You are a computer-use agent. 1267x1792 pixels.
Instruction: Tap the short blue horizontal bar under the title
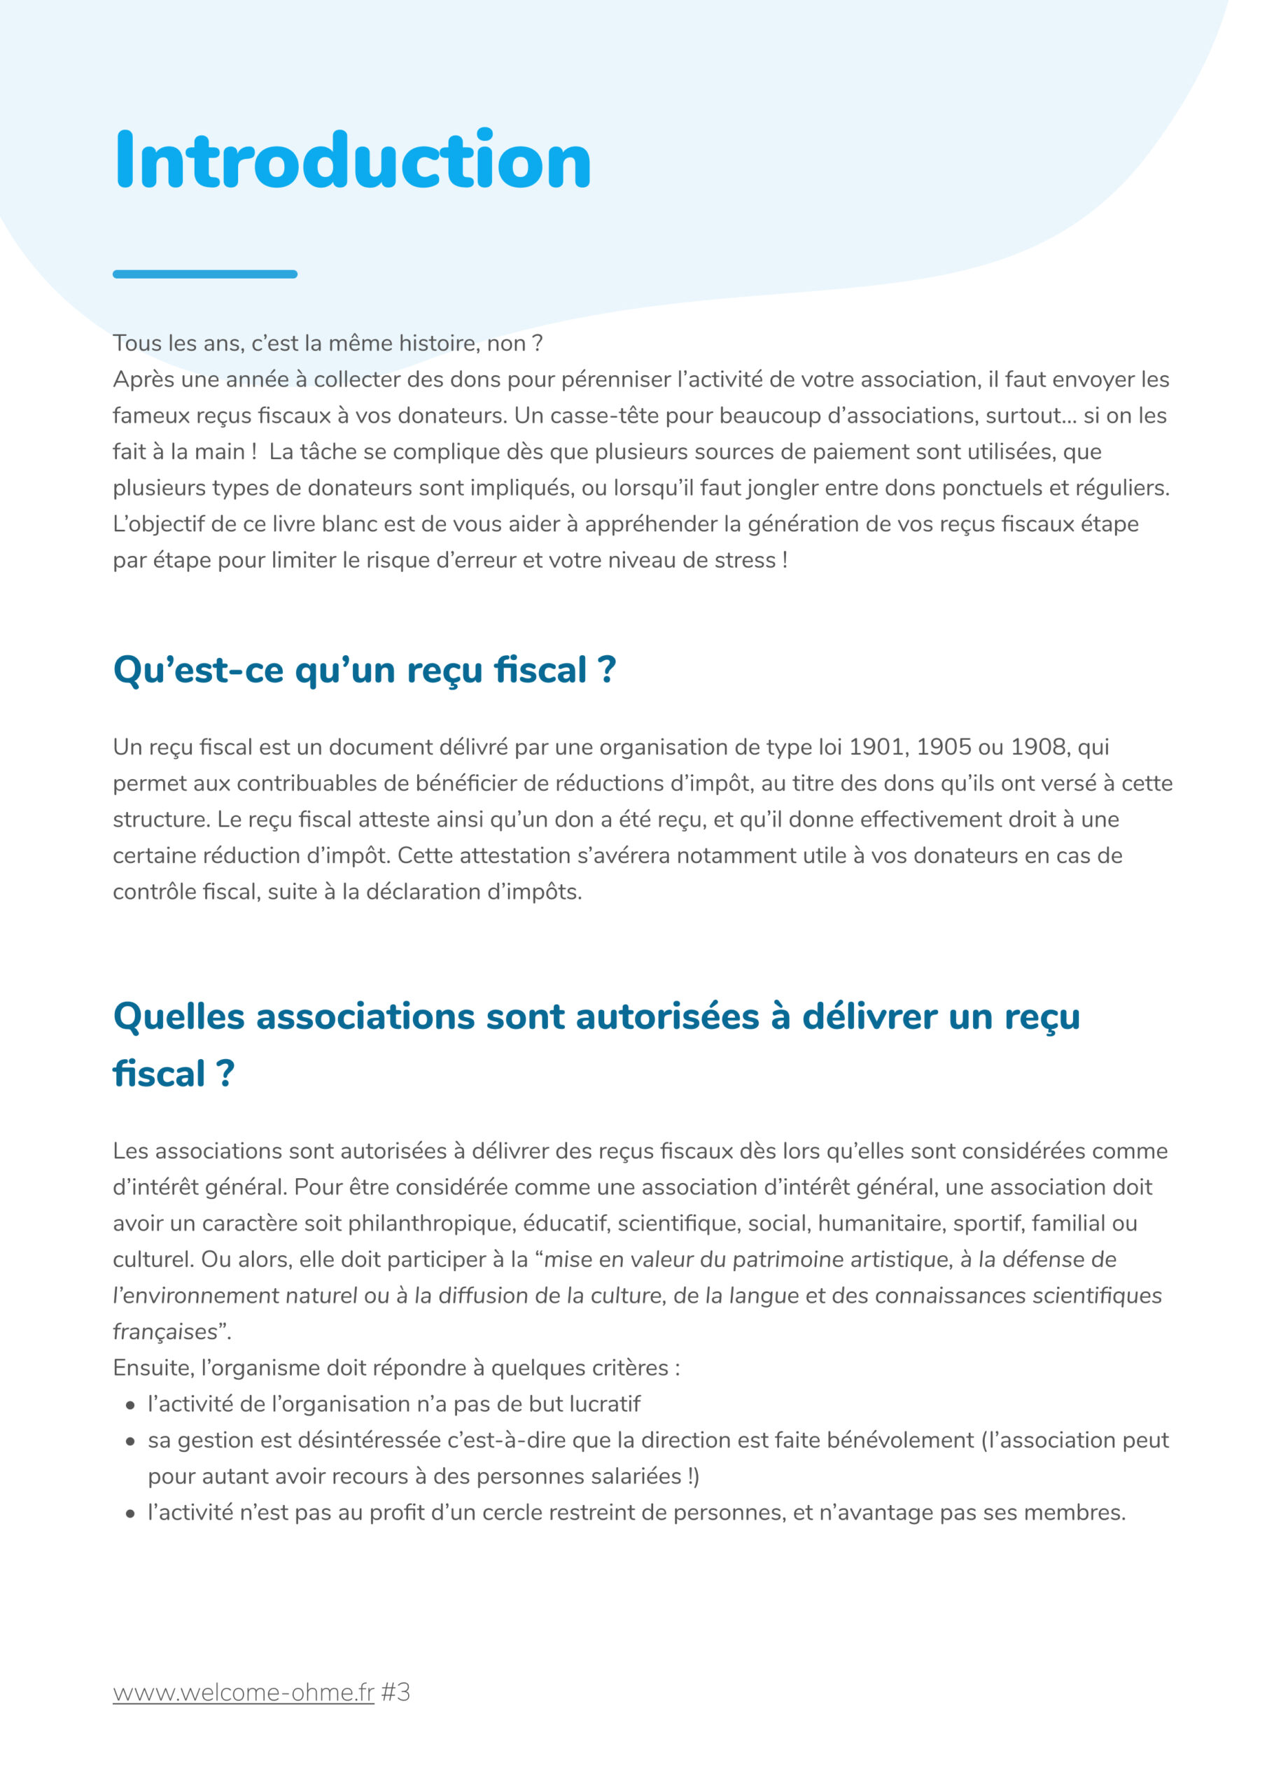coord(204,274)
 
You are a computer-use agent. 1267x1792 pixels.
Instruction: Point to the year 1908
coord(1038,747)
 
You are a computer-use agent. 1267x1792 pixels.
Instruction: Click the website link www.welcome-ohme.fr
coord(244,1692)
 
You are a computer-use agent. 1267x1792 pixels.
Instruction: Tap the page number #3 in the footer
coord(395,1692)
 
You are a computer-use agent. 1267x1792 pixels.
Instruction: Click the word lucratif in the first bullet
coord(604,1404)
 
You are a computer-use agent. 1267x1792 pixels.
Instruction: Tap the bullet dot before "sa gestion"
coord(130,1441)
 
